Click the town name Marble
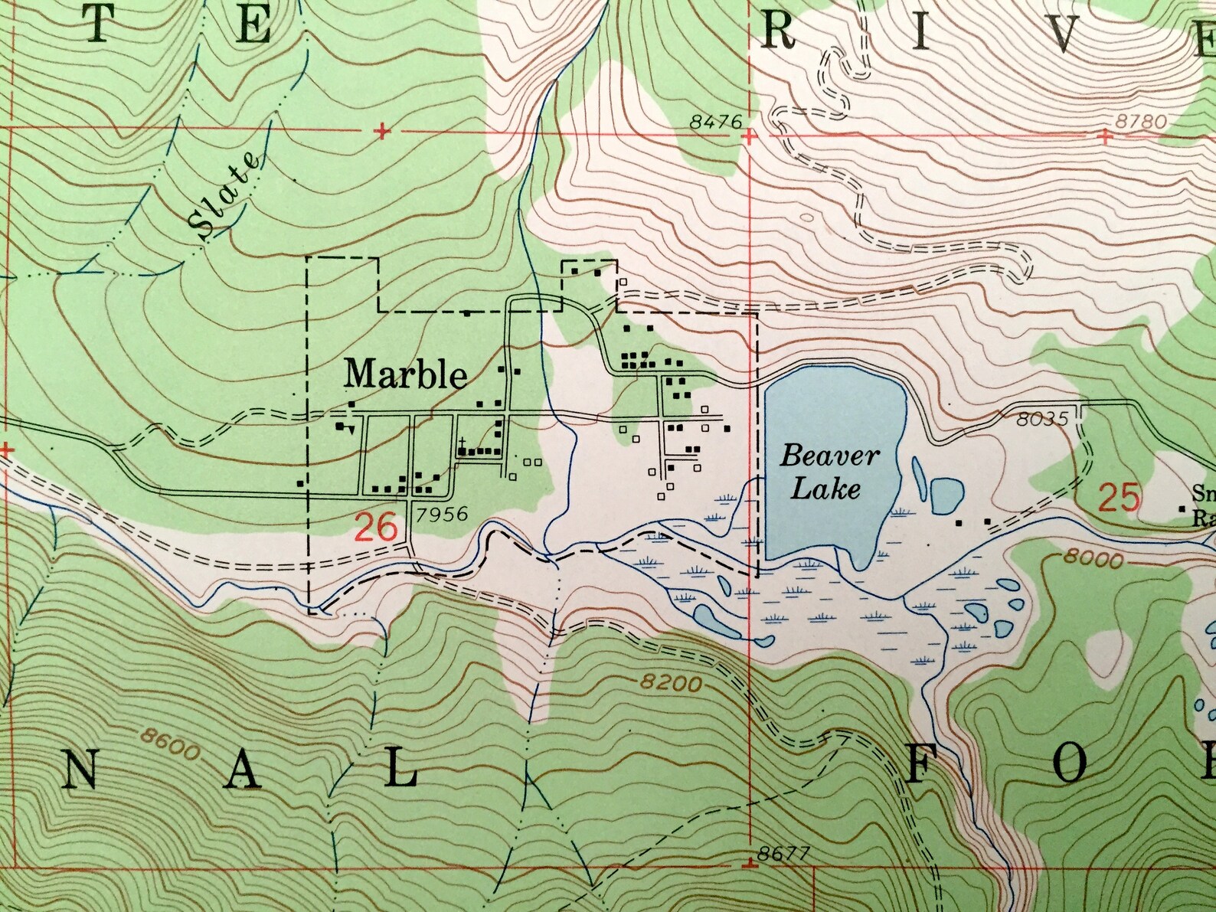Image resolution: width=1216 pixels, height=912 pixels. point(405,374)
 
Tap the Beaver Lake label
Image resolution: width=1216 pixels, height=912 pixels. point(829,472)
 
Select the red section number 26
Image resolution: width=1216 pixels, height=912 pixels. point(376,528)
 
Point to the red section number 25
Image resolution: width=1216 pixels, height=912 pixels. point(1120,498)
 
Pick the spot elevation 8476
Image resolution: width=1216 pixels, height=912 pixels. point(715,121)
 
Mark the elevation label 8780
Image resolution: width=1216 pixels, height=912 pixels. point(1141,121)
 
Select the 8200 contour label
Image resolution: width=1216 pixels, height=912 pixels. point(671,682)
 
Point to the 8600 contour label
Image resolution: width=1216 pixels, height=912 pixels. point(170,744)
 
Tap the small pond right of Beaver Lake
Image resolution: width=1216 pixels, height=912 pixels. point(946,495)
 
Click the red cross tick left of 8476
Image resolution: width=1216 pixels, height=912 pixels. point(382,132)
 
